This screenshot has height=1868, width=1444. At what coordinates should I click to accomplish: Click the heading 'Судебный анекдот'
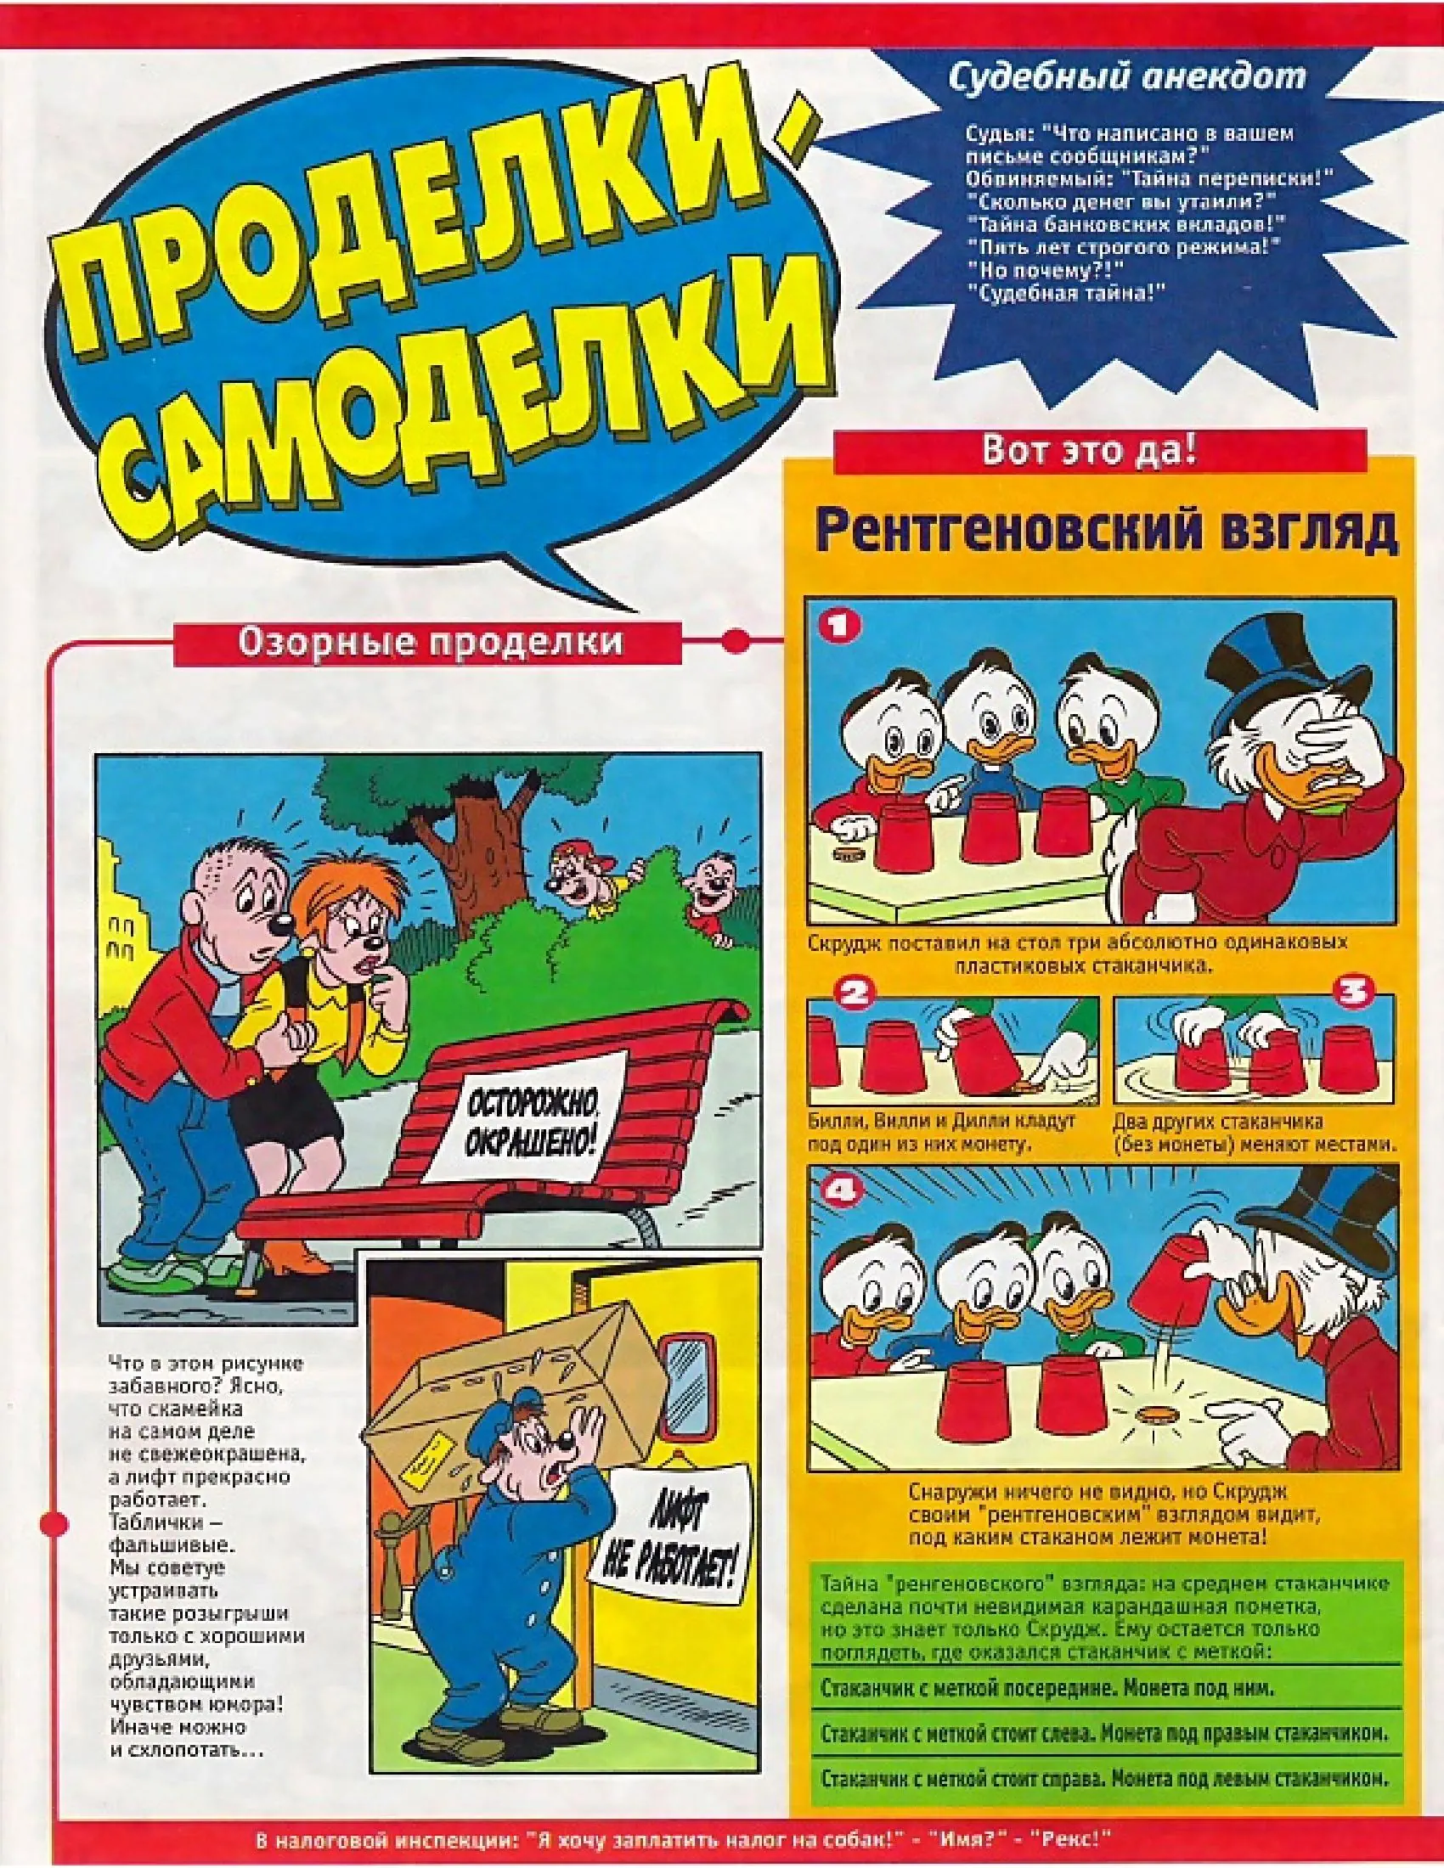pos(1127,77)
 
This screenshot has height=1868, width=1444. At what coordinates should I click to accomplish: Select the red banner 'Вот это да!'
pos(1089,451)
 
